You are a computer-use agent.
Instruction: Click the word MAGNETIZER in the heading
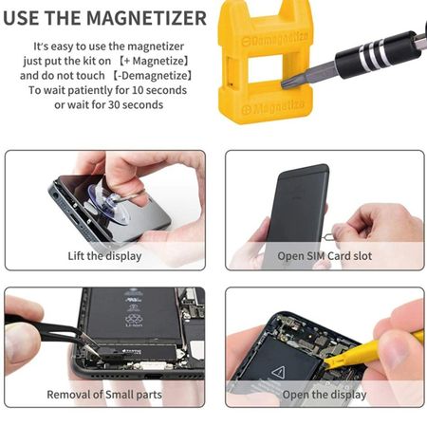tap(146, 18)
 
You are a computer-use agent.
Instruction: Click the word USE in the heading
tap(20, 18)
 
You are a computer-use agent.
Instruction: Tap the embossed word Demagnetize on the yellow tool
tap(274, 39)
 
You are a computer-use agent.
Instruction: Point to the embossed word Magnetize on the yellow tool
tap(274, 107)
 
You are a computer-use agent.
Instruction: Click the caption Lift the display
tap(104, 256)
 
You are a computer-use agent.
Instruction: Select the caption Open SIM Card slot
tap(325, 256)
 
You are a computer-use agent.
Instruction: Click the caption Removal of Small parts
tap(104, 395)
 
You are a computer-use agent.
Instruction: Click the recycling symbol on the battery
tap(134, 319)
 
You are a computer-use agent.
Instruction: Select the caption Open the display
tap(325, 395)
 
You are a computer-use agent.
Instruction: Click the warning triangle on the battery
tap(278, 372)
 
